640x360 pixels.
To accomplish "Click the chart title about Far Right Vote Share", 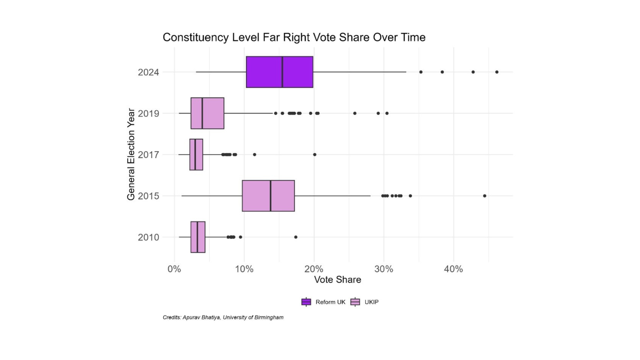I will coord(294,37).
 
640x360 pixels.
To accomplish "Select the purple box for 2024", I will coord(279,72).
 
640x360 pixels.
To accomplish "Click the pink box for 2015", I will coord(268,196).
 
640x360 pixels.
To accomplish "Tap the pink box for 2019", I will coord(207,113).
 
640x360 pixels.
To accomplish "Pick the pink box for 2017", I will coord(196,155).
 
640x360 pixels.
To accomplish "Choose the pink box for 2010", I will coord(198,237).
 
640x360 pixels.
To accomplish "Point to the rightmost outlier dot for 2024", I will coord(497,72).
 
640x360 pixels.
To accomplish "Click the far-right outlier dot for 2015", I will coord(485,196).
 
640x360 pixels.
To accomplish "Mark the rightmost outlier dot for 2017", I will coord(315,155).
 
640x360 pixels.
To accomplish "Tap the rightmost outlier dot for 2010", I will coord(296,237).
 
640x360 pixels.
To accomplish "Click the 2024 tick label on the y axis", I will coord(148,72).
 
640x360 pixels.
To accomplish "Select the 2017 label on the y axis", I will coord(148,155).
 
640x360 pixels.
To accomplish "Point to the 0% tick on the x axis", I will coord(174,269).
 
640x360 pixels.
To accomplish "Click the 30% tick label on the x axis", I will coord(384,269).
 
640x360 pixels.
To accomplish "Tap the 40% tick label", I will coord(453,269).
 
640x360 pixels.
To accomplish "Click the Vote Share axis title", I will coord(337,280).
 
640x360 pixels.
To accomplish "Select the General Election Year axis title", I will coord(131,154).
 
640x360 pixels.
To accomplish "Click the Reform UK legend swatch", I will coord(306,302).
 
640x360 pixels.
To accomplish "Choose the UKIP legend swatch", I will coord(355,302).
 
